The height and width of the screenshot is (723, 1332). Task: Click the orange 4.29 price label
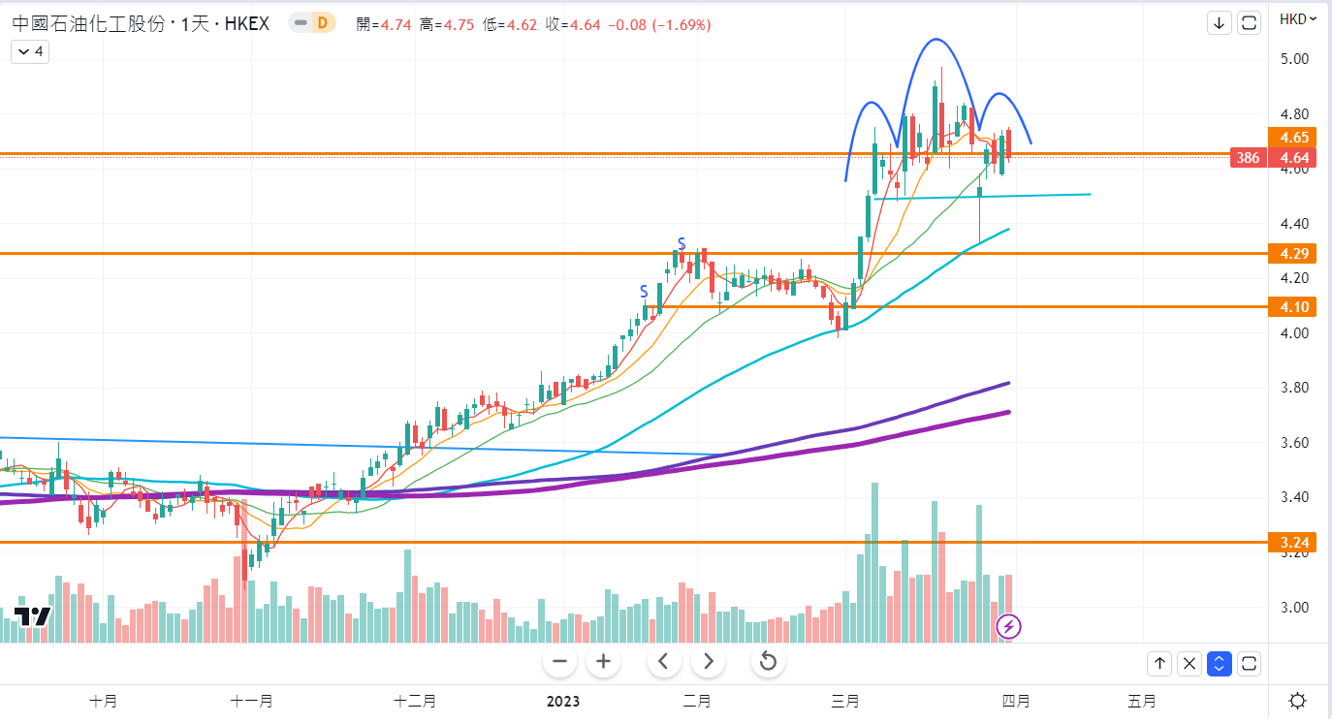coord(1295,253)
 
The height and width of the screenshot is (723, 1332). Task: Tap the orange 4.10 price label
coord(1295,307)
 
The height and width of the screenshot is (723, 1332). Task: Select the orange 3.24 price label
coord(1295,543)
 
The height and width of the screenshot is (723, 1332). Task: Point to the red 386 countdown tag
coord(1248,157)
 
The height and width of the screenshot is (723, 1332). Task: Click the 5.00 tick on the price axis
coord(1295,59)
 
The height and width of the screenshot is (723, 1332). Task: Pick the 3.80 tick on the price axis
coord(1295,389)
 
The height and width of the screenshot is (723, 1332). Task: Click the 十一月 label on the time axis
coord(252,701)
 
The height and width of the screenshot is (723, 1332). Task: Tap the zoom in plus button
coord(603,662)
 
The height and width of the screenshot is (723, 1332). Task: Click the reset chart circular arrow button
coord(768,662)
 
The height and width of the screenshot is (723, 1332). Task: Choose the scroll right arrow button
coord(709,662)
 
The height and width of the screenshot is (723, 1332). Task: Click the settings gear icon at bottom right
coord(1297,701)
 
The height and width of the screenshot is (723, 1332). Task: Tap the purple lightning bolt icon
coord(1008,627)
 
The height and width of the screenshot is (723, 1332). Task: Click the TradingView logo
coord(32,617)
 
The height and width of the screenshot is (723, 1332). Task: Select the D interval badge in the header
coord(321,23)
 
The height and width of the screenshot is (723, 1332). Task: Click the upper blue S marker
coord(682,242)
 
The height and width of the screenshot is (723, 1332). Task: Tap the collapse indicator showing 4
coord(30,51)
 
